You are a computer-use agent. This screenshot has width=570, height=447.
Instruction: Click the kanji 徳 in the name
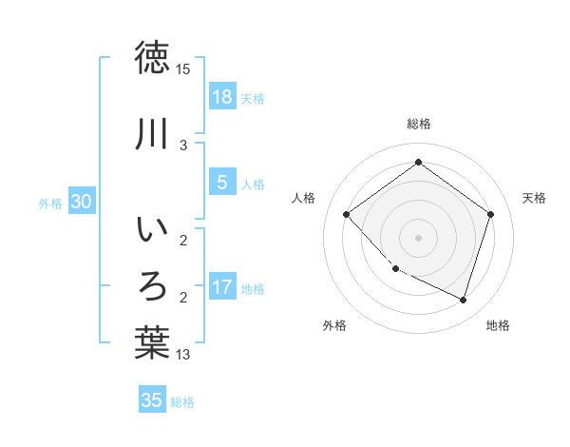click(152, 58)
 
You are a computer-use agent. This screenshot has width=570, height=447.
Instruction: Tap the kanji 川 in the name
click(152, 135)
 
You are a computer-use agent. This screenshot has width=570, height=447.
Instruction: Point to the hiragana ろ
click(152, 284)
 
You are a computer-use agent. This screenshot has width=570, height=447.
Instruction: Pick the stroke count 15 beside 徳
click(183, 69)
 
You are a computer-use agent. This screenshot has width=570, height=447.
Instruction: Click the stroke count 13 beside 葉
click(183, 355)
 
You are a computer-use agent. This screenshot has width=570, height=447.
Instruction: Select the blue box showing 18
click(221, 96)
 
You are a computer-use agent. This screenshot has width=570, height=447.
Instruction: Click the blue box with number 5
click(221, 183)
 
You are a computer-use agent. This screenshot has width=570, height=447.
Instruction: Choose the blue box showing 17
click(221, 287)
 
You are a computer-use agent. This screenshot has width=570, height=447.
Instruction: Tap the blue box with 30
click(82, 202)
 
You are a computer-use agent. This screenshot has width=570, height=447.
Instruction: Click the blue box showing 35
click(152, 400)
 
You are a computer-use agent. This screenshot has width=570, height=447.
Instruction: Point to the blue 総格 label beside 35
click(182, 402)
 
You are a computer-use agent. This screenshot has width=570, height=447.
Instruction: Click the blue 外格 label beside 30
click(50, 203)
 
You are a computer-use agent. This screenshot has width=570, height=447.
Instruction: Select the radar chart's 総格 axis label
click(418, 124)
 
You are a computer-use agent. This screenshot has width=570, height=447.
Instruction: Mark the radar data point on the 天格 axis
click(490, 214)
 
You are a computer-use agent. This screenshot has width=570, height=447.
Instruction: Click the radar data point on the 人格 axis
click(347, 214)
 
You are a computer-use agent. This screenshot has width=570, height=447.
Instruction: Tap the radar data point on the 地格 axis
click(464, 300)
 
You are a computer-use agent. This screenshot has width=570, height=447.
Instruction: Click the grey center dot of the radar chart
click(418, 237)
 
